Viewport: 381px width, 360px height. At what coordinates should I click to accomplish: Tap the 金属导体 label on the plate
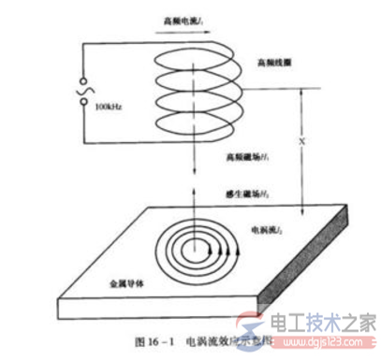pos(121,281)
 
